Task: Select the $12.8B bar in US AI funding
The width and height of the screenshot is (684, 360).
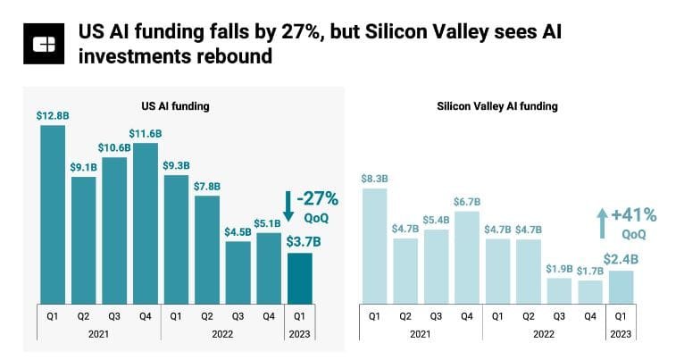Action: (53, 214)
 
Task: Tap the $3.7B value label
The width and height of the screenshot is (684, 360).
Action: (300, 239)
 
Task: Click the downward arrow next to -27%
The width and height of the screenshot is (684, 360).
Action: (288, 205)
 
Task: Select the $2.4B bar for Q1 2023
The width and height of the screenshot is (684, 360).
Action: (620, 288)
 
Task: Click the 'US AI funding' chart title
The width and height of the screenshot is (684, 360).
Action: (175, 106)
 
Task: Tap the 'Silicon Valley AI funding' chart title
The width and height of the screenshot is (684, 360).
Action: (496, 106)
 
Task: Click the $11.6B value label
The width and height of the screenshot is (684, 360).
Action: (145, 133)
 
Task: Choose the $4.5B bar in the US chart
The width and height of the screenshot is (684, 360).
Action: (238, 272)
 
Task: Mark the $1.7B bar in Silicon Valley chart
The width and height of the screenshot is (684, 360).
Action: (588, 293)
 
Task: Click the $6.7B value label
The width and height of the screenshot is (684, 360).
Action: (466, 201)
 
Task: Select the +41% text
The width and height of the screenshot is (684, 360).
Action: (636, 214)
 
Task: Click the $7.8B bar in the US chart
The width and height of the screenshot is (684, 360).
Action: (206, 249)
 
